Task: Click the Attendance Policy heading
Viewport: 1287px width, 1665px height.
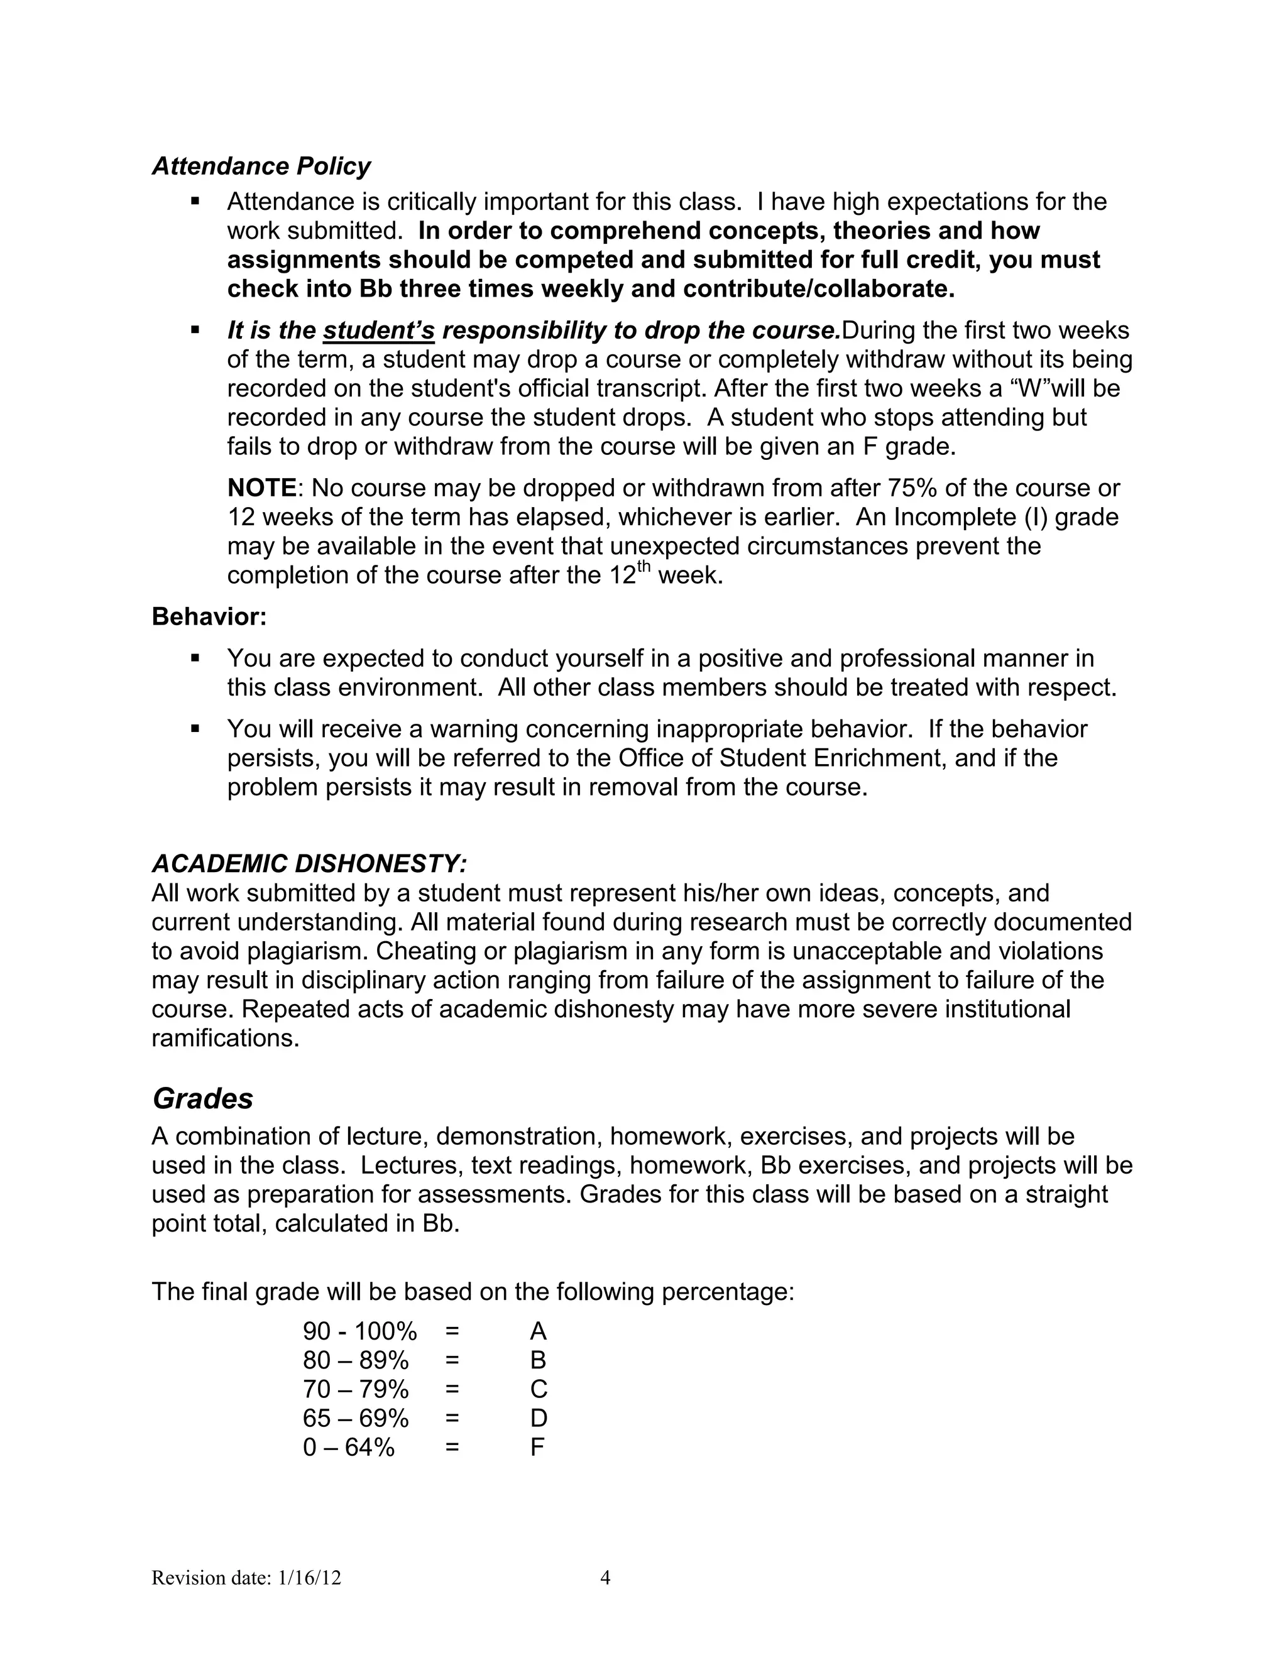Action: (261, 166)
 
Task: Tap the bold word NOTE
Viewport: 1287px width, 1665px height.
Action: (261, 488)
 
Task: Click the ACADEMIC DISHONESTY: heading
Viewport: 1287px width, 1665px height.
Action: (309, 864)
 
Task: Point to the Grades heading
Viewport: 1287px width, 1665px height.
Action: (203, 1098)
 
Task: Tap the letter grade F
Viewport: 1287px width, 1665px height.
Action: (537, 1447)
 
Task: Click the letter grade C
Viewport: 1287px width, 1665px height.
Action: (539, 1389)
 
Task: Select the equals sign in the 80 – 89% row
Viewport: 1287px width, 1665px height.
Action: (452, 1360)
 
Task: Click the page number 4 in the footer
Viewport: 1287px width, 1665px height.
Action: (605, 1577)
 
